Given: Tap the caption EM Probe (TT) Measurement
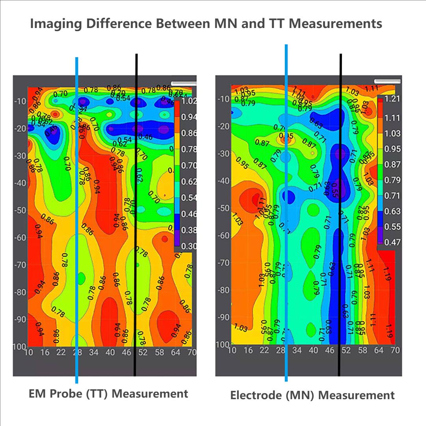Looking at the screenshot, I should [x=108, y=394].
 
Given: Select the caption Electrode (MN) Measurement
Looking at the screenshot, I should [x=312, y=395].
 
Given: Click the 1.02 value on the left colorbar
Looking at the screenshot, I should [x=189, y=101].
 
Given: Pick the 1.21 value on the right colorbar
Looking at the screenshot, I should [x=392, y=99].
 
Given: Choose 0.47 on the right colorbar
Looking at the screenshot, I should [x=392, y=242].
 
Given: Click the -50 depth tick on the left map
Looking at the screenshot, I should [x=20, y=210].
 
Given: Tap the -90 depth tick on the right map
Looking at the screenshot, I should [x=223, y=318].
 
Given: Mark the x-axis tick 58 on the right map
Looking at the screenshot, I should [x=362, y=350].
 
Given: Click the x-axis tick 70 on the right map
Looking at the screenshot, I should [x=395, y=350].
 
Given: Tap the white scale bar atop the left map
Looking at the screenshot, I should [x=184, y=84].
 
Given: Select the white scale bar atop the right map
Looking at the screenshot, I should [x=387, y=81].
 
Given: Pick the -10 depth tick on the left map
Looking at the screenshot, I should [x=20, y=101].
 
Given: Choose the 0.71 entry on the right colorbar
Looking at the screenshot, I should [x=392, y=196].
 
